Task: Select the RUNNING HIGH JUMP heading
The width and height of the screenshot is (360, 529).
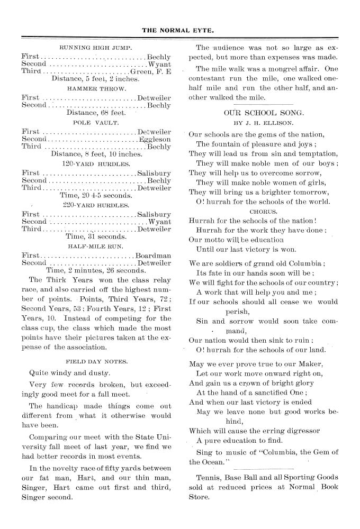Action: (96, 47)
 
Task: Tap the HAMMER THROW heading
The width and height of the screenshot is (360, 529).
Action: (96, 88)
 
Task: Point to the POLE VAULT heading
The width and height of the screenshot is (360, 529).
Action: (96, 122)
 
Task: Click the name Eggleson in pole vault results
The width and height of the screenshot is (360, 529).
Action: (155, 139)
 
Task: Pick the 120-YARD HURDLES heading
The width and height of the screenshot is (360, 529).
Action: (96, 163)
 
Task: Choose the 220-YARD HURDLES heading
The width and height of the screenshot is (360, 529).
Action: (96, 205)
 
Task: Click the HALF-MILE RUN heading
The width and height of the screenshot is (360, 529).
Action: (96, 246)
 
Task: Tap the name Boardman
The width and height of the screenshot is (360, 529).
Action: (154, 254)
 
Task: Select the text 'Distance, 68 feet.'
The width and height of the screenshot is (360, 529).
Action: (96, 113)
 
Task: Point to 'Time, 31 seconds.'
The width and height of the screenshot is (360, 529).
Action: (96, 237)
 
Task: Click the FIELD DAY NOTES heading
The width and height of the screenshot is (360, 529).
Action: (96, 360)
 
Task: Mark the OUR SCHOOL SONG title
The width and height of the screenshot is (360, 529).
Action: (264, 113)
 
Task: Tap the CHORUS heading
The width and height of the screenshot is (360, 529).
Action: (263, 211)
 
